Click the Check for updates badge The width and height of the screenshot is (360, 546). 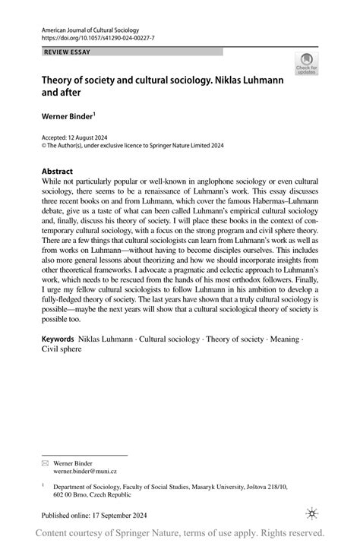click(306, 65)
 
